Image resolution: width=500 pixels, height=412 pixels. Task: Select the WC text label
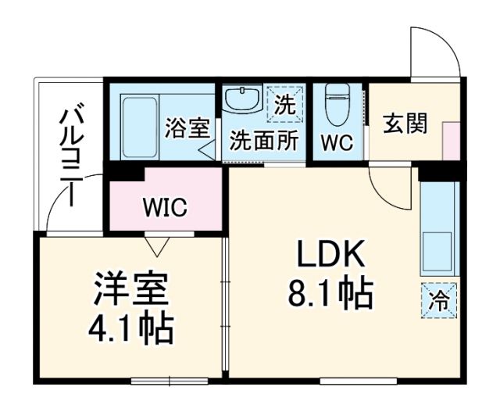pyautogui.click(x=337, y=143)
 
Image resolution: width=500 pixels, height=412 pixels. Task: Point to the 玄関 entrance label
pyautogui.click(x=405, y=124)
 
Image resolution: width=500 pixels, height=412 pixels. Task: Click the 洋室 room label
pyautogui.click(x=131, y=290)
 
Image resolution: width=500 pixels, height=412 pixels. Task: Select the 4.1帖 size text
pyautogui.click(x=131, y=329)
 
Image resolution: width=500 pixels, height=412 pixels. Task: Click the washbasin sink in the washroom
pyautogui.click(x=242, y=101)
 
